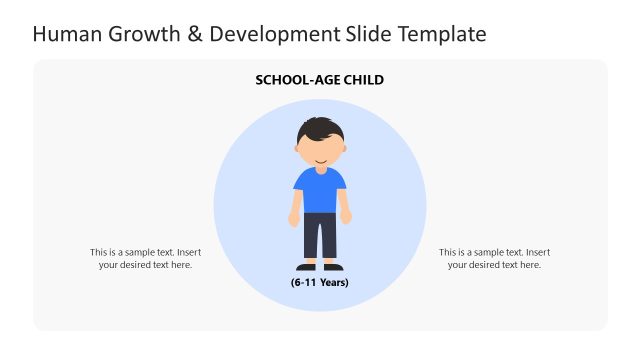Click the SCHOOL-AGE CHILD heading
pyautogui.click(x=320, y=79)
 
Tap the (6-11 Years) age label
pyautogui.click(x=320, y=282)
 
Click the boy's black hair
pyautogui.click(x=319, y=129)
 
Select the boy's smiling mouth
pyautogui.click(x=320, y=160)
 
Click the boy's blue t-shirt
pyautogui.click(x=320, y=190)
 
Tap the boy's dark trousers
pyautogui.click(x=320, y=236)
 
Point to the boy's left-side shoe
pyautogui.click(x=306, y=267)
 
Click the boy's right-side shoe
pyautogui.click(x=334, y=267)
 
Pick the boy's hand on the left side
pyautogui.click(x=294, y=219)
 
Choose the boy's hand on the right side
pyautogui.click(x=346, y=217)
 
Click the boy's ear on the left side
pyautogui.click(x=296, y=150)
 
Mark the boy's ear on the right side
pyautogui.click(x=344, y=150)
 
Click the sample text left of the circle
pyautogui.click(x=145, y=258)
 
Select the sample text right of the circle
pyautogui.click(x=494, y=258)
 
